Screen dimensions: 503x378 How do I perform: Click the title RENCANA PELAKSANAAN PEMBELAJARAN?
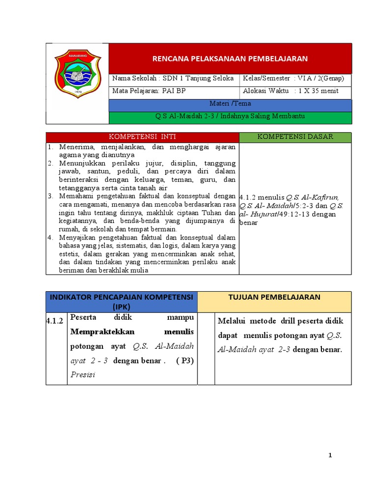(229, 58)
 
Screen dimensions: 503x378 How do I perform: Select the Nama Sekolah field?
(173, 79)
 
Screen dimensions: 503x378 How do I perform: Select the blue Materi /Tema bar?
(230, 104)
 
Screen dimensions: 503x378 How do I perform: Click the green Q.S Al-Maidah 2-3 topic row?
(230, 116)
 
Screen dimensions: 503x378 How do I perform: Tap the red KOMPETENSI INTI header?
(142, 137)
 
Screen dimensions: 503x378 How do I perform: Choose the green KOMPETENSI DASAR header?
(295, 137)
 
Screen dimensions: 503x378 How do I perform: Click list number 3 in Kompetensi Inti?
(50, 196)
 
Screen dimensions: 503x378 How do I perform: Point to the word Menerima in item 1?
(75, 147)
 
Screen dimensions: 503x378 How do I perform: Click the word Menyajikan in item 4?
(78, 237)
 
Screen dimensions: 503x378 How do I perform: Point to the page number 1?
(330, 455)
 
